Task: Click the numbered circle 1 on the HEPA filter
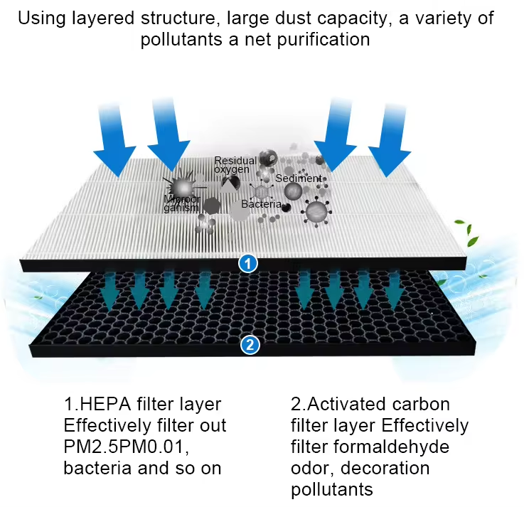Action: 247,263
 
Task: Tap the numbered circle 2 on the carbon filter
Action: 250,346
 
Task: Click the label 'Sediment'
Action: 299,178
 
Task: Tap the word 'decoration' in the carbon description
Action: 380,469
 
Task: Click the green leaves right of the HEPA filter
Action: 461,231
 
